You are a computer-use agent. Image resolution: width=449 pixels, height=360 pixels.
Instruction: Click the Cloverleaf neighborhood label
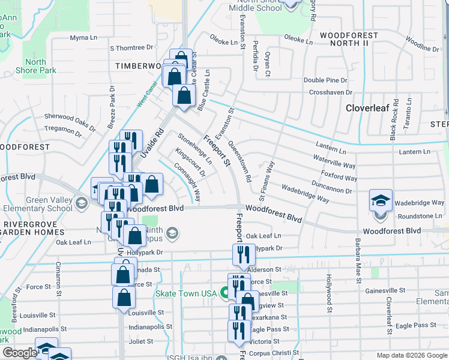coord(368,108)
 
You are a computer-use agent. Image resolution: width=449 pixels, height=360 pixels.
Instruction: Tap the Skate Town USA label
coord(185,293)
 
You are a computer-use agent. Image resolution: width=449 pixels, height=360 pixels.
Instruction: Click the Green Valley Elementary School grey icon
coord(80,205)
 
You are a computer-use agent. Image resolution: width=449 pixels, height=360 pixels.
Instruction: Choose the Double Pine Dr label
coord(325,80)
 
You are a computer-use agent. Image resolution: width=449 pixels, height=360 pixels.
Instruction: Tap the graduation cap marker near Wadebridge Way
coord(380,200)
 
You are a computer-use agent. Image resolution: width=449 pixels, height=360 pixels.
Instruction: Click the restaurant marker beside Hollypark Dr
coord(243,255)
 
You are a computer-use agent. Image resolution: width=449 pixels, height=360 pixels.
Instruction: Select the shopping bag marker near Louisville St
coord(124,298)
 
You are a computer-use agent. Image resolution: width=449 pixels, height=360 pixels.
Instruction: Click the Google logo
coord(19,353)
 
